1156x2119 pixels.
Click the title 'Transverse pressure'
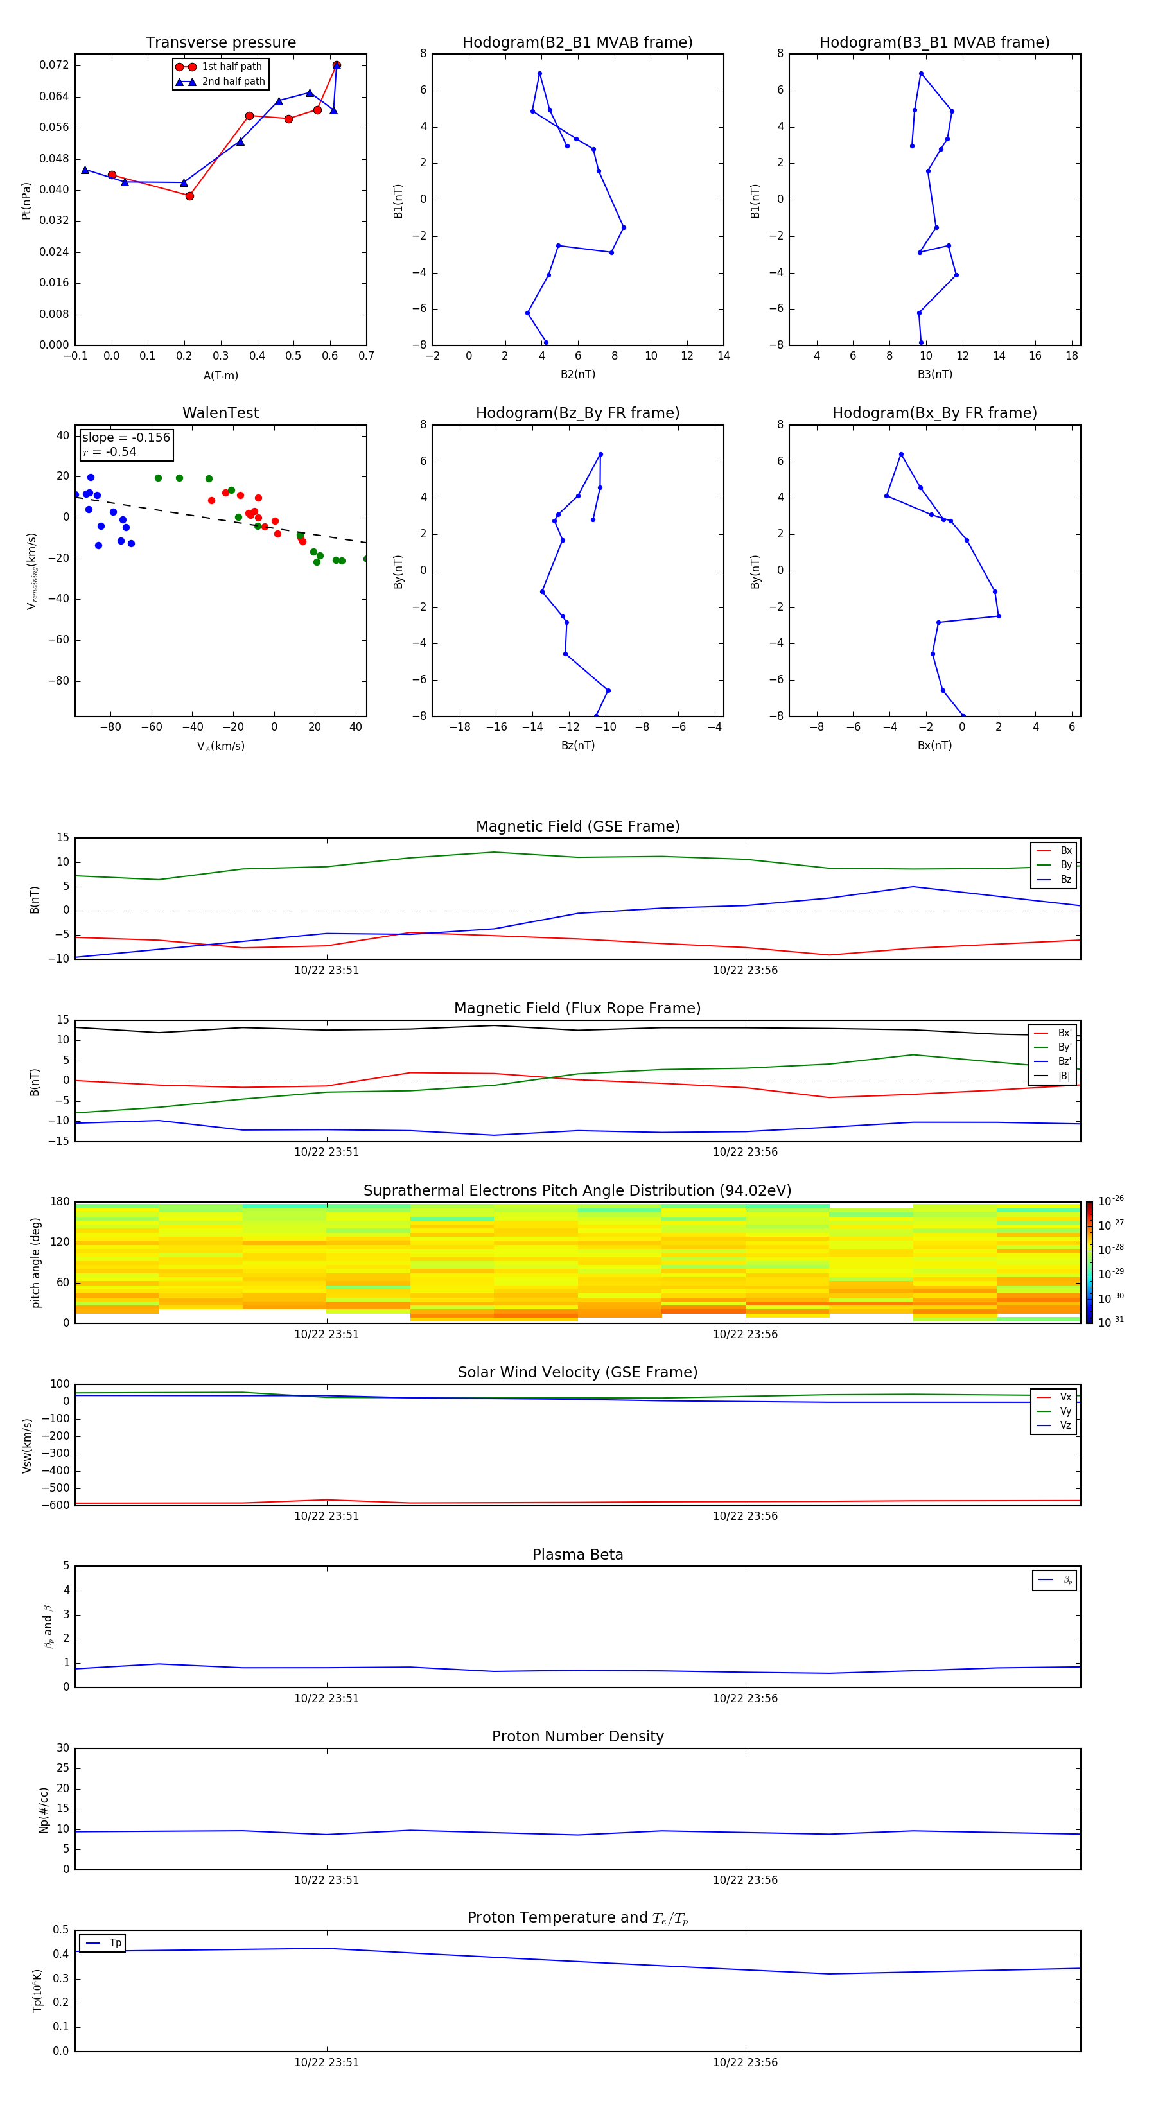[x=220, y=43]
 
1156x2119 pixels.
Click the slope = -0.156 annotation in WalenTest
[x=126, y=438]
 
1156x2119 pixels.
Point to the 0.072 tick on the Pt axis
[x=55, y=65]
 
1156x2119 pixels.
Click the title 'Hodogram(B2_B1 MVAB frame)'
[x=577, y=43]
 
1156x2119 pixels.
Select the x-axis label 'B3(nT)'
[x=934, y=374]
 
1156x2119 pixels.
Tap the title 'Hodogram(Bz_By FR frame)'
[x=577, y=413]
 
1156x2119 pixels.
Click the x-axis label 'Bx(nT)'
[x=934, y=746]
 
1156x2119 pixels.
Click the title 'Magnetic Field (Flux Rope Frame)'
[x=577, y=1009]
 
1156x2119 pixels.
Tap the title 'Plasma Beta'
[x=577, y=1555]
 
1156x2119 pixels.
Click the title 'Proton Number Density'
[x=577, y=1736]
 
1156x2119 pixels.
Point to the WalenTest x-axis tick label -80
[x=111, y=727]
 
